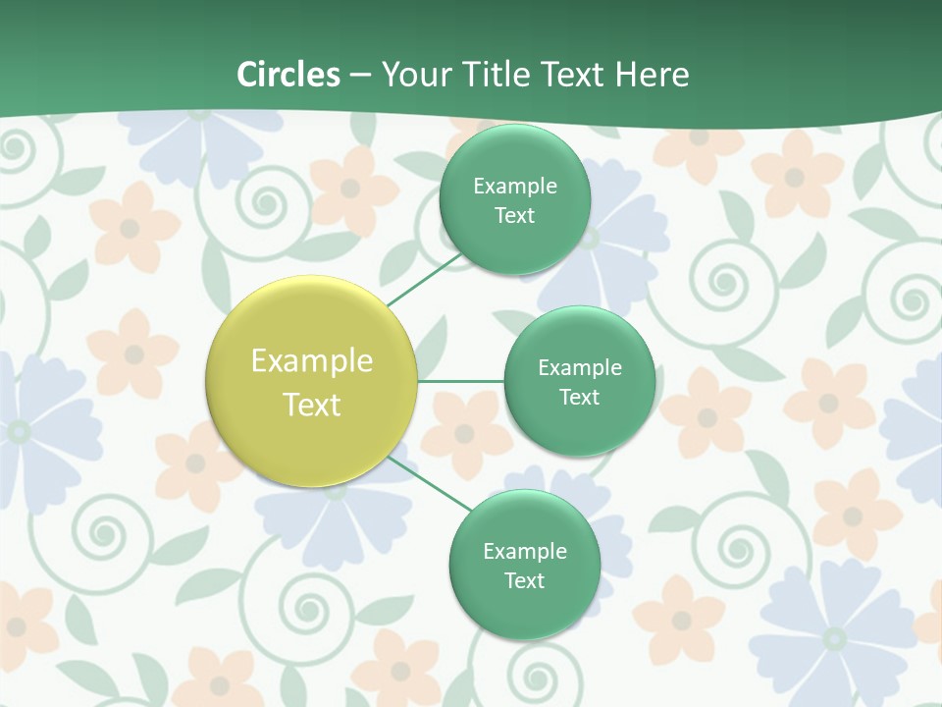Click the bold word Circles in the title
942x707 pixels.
[x=288, y=75]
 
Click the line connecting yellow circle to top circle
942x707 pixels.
[x=424, y=280]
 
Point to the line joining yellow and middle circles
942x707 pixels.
[x=460, y=380]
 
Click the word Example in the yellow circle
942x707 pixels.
[x=312, y=361]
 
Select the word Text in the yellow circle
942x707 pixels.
[x=312, y=405]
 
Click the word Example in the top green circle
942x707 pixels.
[x=515, y=187]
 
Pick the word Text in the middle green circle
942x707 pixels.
[x=579, y=397]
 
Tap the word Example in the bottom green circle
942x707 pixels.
[x=524, y=551]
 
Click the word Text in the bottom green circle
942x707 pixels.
[x=524, y=580]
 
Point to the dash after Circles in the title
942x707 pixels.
[x=360, y=76]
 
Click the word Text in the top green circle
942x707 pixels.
[x=515, y=216]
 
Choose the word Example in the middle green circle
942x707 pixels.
[x=579, y=367]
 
